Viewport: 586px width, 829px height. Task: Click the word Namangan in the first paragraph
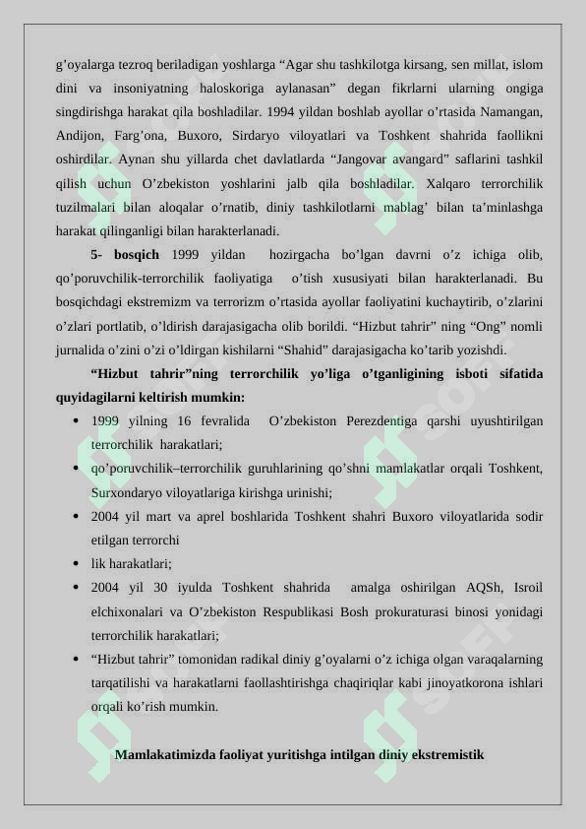coord(508,112)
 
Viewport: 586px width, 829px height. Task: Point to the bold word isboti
coord(468,374)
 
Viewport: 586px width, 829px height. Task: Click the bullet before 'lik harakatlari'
coord(76,564)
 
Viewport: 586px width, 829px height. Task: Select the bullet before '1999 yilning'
coord(76,421)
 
